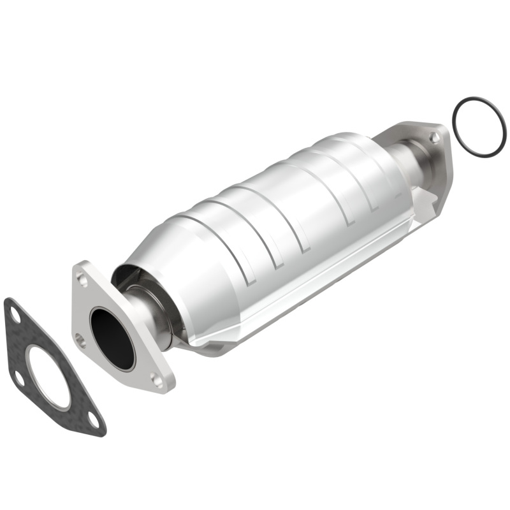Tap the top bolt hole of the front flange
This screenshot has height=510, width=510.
[x=82, y=278]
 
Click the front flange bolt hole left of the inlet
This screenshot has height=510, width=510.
[x=80, y=339]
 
